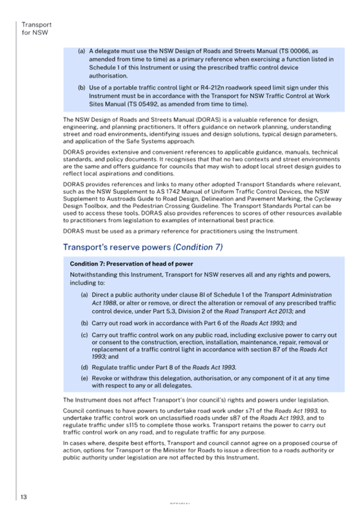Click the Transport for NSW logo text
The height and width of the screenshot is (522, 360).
click(35, 29)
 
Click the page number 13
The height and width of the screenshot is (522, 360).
click(23, 497)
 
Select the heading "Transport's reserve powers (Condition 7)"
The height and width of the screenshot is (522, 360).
click(143, 247)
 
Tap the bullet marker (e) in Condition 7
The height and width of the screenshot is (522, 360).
click(84, 378)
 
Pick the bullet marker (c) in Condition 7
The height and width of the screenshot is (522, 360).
click(84, 335)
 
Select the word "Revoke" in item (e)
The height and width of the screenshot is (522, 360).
click(103, 378)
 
